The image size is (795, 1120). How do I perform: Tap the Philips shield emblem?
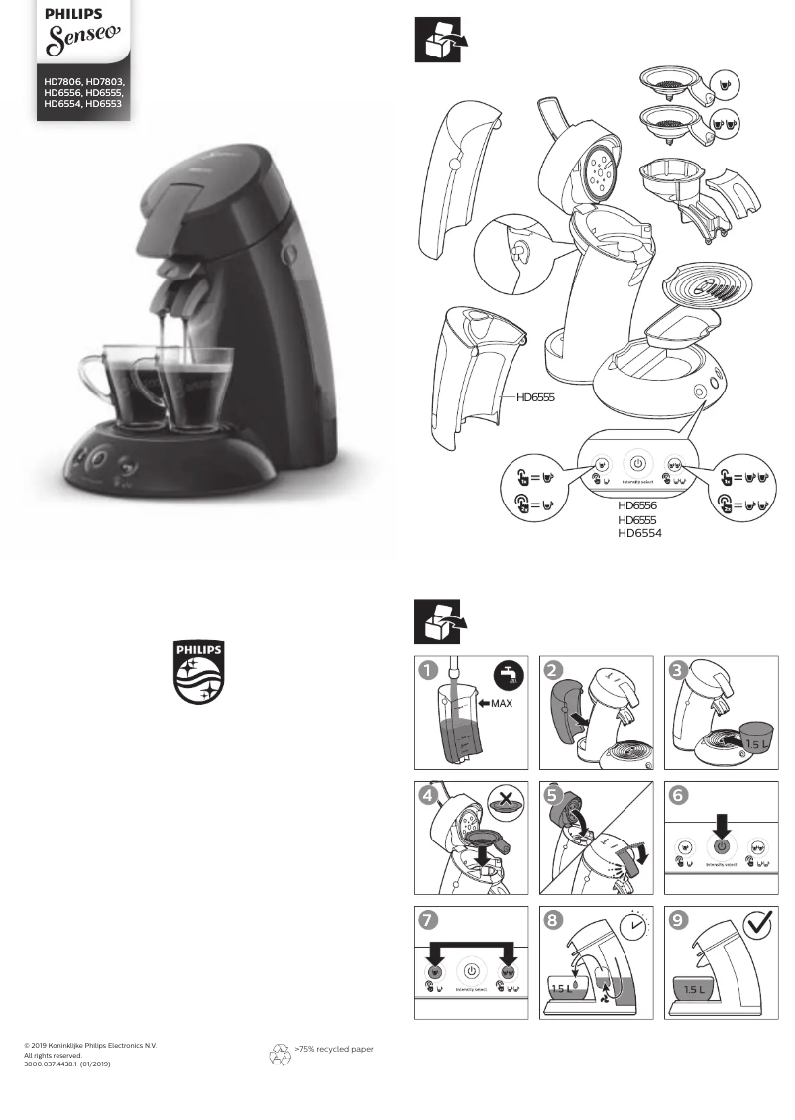pyautogui.click(x=199, y=672)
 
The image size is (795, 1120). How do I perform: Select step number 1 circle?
pyautogui.click(x=427, y=671)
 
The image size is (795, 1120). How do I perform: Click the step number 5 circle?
pyautogui.click(x=553, y=795)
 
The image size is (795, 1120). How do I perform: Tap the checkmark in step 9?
pyautogui.click(x=757, y=925)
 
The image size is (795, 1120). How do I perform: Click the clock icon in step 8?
pyautogui.click(x=633, y=926)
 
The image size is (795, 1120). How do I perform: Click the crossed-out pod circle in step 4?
pyautogui.click(x=507, y=802)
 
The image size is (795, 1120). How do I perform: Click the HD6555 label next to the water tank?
pyautogui.click(x=534, y=397)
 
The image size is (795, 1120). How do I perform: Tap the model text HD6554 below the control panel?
pyautogui.click(x=639, y=533)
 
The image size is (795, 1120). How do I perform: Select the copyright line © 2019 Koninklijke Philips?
pyautogui.click(x=90, y=1046)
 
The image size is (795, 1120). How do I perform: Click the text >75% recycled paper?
pyautogui.click(x=334, y=1048)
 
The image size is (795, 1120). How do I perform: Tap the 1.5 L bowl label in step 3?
pyautogui.click(x=758, y=743)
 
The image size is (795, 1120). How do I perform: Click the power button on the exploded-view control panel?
pyautogui.click(x=637, y=463)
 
